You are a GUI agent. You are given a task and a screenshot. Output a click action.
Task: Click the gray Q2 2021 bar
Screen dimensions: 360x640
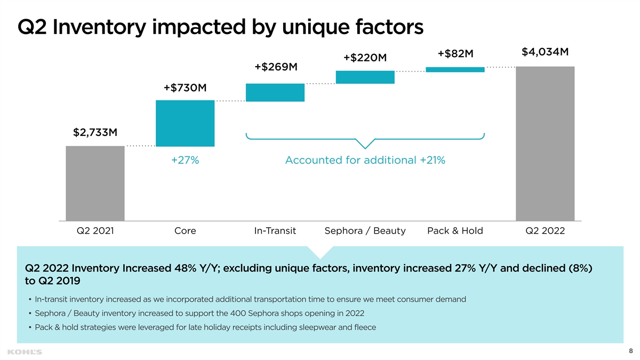(95, 183)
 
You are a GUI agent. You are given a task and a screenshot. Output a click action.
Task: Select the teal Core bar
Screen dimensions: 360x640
(185, 123)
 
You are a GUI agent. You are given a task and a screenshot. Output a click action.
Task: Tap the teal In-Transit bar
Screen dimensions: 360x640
(275, 92)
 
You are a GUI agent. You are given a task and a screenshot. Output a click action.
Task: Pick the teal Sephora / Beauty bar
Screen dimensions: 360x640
(365, 77)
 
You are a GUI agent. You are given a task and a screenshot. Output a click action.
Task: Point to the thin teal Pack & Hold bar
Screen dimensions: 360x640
(455, 69)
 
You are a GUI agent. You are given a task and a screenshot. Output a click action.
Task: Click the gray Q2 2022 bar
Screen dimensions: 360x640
(545, 143)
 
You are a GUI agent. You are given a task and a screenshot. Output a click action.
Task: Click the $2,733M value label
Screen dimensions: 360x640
(95, 132)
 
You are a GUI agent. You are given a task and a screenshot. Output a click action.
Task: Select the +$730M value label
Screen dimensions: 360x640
(185, 87)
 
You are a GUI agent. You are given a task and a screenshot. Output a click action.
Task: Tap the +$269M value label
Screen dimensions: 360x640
(276, 67)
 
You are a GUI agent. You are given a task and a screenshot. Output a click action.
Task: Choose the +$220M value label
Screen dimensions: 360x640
(365, 58)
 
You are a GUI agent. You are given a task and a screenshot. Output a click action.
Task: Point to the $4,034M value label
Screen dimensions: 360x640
(545, 52)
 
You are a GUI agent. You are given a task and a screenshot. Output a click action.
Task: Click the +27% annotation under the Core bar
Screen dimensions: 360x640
(185, 160)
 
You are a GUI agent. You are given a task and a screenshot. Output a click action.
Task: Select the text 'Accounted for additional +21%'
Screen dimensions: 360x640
(365, 160)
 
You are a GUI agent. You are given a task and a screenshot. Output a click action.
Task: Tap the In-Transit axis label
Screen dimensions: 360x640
(275, 231)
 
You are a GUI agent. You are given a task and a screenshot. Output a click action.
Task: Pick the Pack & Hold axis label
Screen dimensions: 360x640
(455, 231)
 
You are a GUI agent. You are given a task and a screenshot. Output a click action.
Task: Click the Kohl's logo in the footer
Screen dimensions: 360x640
(25, 351)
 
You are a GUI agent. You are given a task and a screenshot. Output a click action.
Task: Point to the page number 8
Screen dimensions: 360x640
(631, 350)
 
